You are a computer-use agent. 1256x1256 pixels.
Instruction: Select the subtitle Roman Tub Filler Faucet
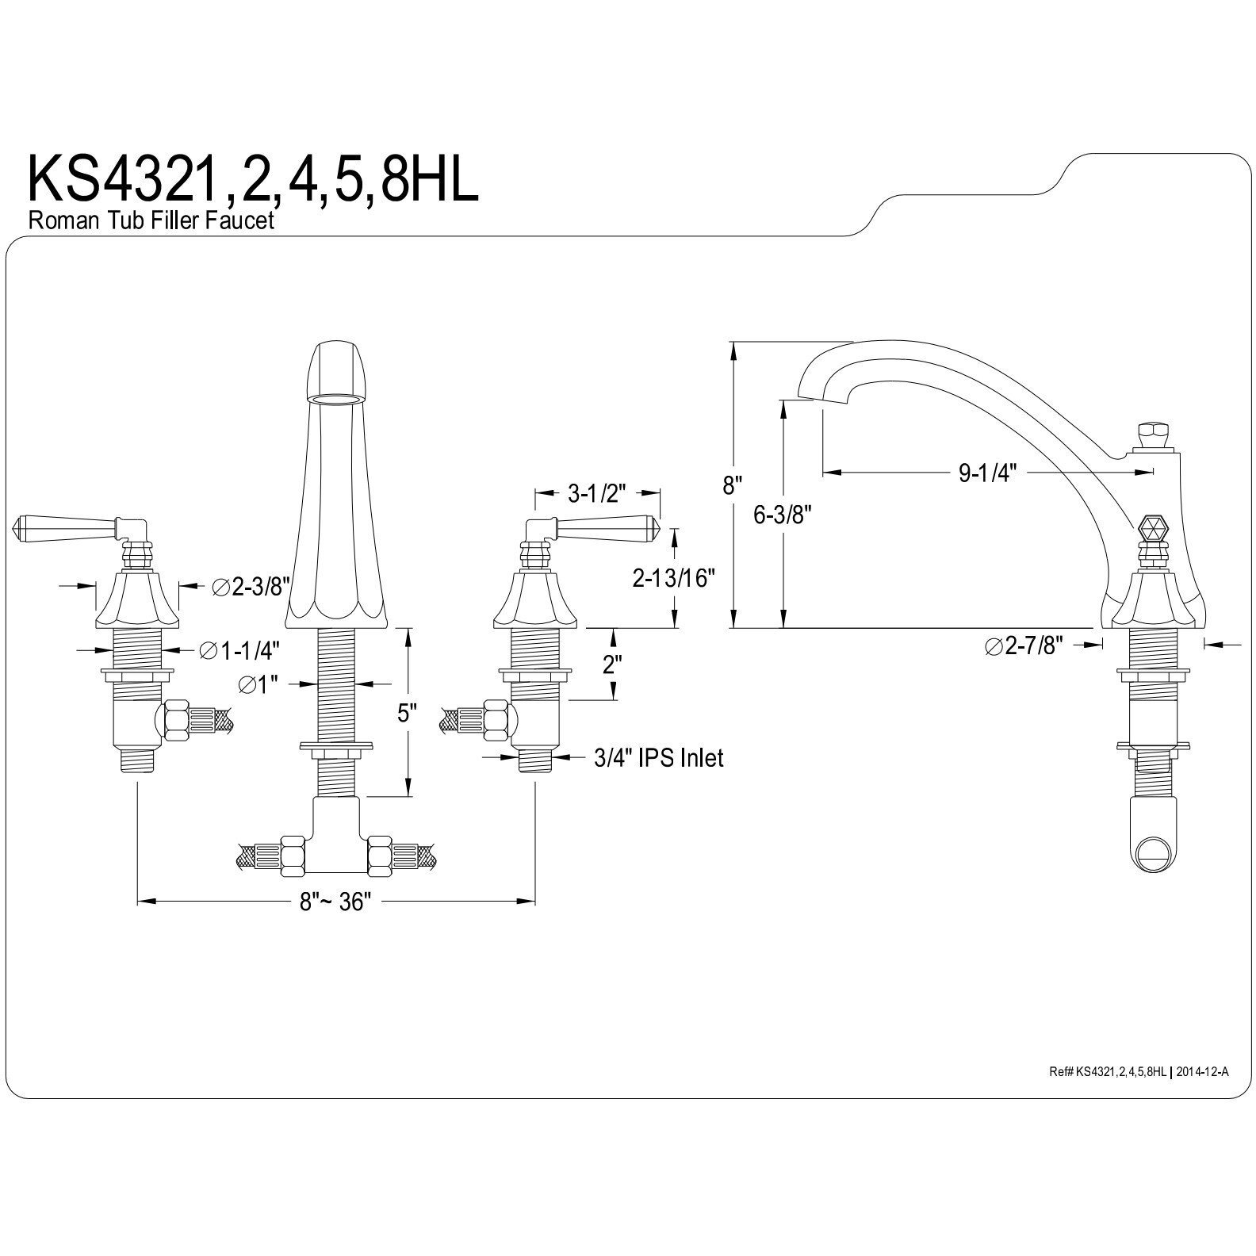tap(151, 220)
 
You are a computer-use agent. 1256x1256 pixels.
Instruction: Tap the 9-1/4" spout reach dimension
tap(987, 473)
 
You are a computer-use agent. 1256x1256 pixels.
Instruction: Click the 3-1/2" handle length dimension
tap(597, 494)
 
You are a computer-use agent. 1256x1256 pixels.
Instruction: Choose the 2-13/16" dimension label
tap(674, 579)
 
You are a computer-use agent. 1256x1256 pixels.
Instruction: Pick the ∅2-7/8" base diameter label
tap(1023, 646)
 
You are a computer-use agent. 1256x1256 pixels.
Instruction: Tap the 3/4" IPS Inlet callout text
tap(659, 758)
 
